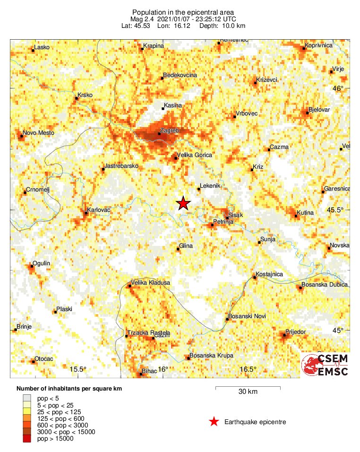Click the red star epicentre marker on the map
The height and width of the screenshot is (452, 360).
pos(183,203)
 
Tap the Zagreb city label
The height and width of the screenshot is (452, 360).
pos(169,129)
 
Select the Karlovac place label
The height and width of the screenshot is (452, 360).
pos(99,209)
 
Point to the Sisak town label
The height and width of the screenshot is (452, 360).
pos(235,215)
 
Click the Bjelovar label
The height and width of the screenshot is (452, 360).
pos(319,110)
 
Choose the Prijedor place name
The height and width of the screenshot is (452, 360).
pos(296,332)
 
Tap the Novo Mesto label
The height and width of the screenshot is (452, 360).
pos(38,133)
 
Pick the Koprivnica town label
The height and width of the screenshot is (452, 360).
pos(319,45)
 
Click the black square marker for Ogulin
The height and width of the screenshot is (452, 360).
pos(31,267)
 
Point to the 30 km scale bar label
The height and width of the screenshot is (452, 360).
pos(248,392)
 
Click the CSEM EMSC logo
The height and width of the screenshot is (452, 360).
pos(325,365)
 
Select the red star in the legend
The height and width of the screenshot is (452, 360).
pos(214,422)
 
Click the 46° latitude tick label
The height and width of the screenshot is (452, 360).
pos(338,88)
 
